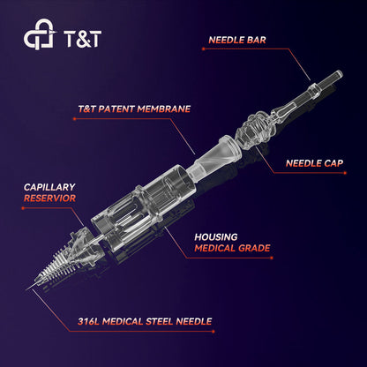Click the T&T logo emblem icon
39,34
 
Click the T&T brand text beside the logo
82,39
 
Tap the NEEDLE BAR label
237,40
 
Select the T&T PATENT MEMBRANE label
134,109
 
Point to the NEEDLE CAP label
314,163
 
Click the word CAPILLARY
49,187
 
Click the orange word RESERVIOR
49,198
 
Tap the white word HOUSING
216,237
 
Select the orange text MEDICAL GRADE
232,248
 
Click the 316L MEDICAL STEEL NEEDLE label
145,321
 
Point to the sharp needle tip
26,289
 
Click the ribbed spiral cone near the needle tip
56,266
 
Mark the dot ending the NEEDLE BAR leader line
203,49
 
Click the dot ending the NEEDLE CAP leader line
345,173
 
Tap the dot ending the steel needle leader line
213,332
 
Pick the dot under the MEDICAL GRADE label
272,258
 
